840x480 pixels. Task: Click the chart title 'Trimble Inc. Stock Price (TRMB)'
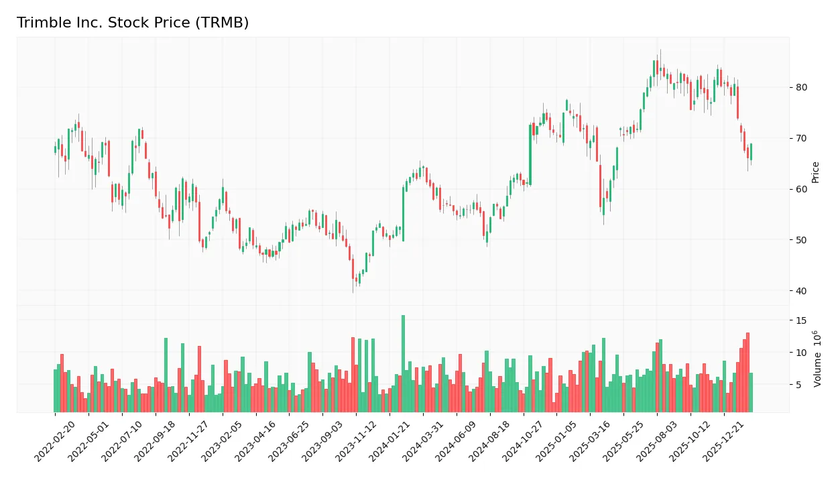[133, 23]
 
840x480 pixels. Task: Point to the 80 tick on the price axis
[801, 87]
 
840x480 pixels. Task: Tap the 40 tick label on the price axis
[801, 291]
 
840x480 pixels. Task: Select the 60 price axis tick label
[801, 189]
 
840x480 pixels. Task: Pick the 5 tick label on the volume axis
[798, 385]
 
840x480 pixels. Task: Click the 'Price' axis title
[816, 172]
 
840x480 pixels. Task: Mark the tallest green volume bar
[403, 363]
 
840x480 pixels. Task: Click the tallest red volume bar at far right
[747, 372]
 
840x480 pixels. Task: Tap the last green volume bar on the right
[751, 392]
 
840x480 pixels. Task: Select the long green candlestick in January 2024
[404, 213]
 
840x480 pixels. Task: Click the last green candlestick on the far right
[751, 152]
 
